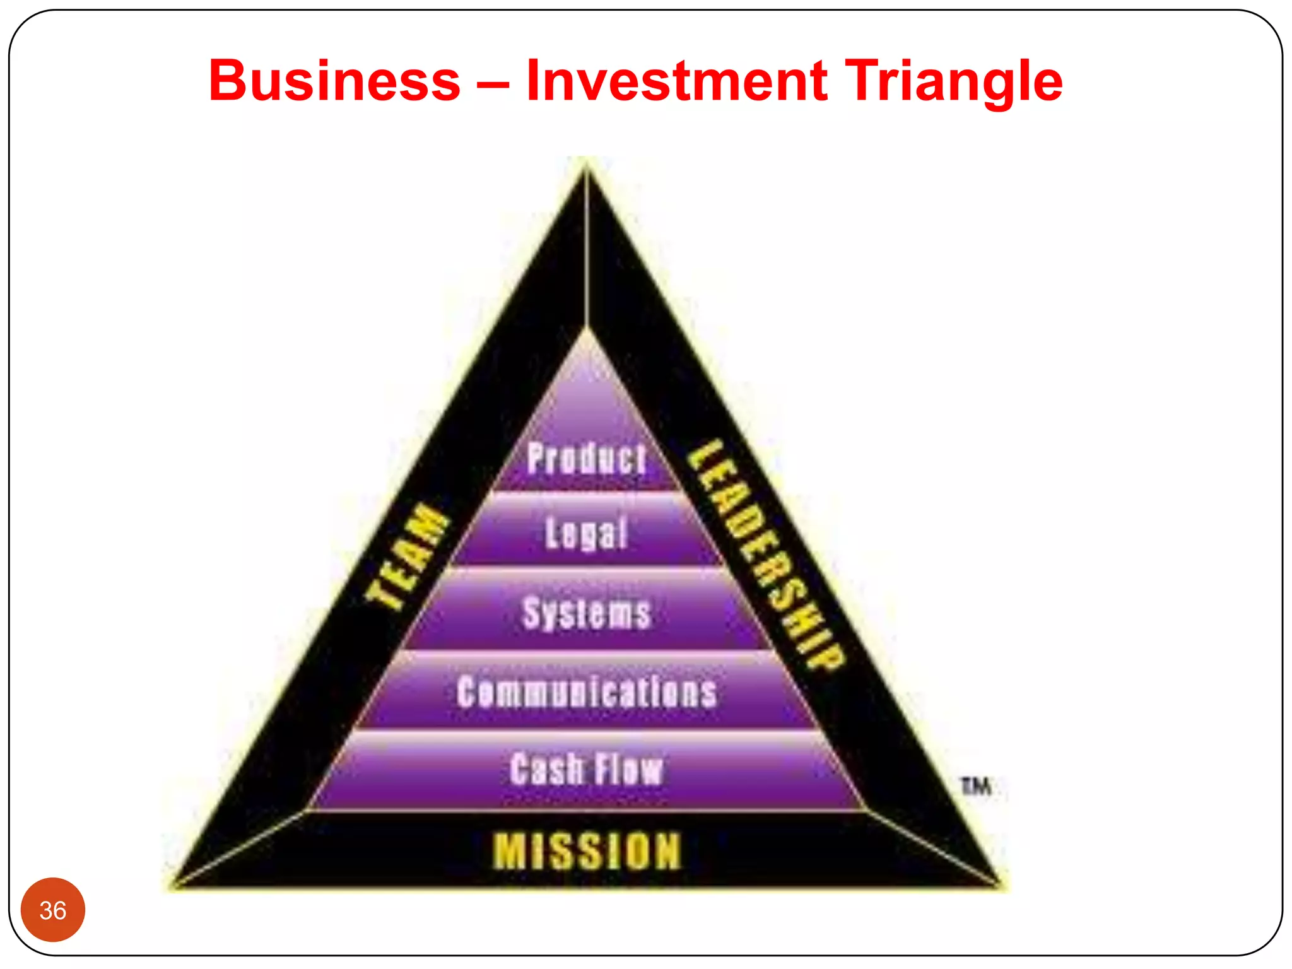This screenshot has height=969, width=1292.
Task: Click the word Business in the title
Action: tap(334, 81)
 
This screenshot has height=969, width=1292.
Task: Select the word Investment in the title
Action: tap(676, 81)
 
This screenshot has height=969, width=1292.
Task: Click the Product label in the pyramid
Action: tap(587, 458)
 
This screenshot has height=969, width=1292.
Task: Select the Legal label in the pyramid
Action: tap(587, 533)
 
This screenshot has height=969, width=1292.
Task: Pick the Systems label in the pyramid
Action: tap(587, 613)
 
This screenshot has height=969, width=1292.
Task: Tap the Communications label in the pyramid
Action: tap(587, 691)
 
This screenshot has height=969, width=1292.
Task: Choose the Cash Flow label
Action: tap(587, 769)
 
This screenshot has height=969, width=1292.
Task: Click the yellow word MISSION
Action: tap(587, 851)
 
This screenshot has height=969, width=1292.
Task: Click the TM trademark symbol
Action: tap(975, 786)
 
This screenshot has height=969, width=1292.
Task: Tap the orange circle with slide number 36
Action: tap(53, 910)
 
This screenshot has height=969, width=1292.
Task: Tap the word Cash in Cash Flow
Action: tap(546, 769)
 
